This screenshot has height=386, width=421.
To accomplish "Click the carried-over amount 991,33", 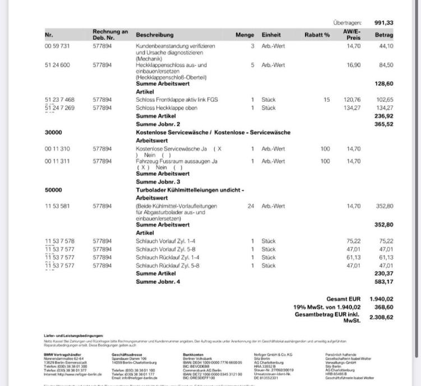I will coord(383,22).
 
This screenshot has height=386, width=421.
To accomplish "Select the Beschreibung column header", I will coord(155,35).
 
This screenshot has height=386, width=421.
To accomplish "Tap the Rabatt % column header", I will coord(317,35).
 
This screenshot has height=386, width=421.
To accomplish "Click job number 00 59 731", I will coord(57,46).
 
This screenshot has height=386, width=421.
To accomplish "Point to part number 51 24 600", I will coord(57,65).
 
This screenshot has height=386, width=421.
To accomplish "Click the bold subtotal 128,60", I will coord(383,84).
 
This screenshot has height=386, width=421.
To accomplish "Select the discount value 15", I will coord(326,100).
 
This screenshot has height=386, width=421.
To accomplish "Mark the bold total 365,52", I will coord(383,124).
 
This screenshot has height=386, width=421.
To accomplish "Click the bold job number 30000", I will coord(53,133).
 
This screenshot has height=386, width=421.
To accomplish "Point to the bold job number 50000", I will coord(53,190).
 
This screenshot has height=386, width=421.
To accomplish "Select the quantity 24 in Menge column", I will coord(251,206).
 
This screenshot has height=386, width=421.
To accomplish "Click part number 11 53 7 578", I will coord(59,241).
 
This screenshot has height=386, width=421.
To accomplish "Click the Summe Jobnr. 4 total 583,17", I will coord(383,282).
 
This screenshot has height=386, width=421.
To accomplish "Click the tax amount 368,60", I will coord(383,307).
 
